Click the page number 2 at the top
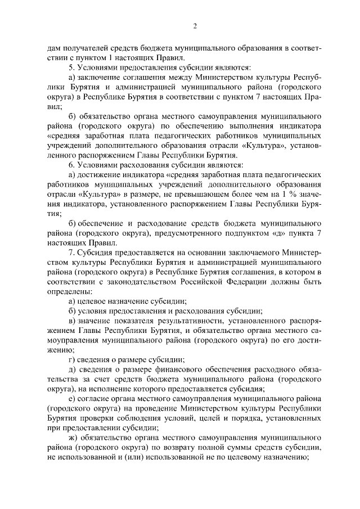click(195, 26)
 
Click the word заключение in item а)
click(101, 77)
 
